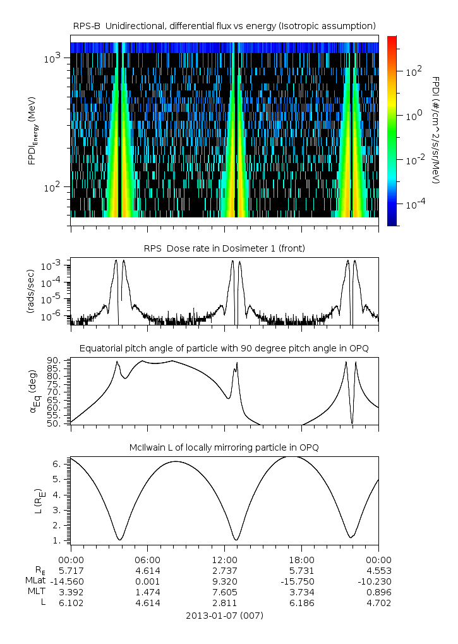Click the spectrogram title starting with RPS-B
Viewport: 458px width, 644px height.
224,25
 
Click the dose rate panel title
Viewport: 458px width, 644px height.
224,248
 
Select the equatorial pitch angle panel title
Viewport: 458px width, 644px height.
224,348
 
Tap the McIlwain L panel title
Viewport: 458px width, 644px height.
224,447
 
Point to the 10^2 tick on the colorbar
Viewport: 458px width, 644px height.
413,72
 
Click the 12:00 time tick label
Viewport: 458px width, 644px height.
225,559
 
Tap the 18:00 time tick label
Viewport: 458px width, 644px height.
301,559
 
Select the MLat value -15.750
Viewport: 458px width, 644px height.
301,581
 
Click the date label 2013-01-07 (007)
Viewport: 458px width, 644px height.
224,615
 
